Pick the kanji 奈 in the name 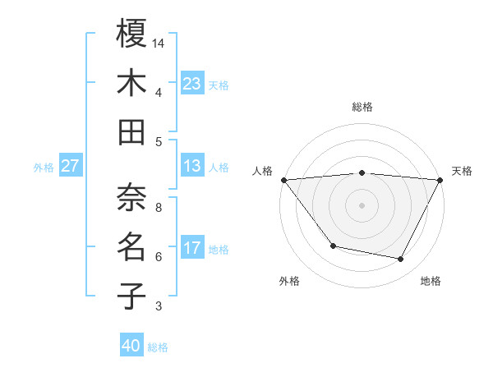pyautogui.click(x=131, y=196)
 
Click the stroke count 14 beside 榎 pyautogui.click(x=159, y=43)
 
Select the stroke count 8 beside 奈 pyautogui.click(x=159, y=208)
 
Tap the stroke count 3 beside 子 pyautogui.click(x=159, y=306)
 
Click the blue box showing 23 pyautogui.click(x=192, y=84)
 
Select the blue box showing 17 pyautogui.click(x=192, y=248)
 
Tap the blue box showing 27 pyautogui.click(x=70, y=167)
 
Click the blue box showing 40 pyautogui.click(x=131, y=347)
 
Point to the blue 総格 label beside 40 pyautogui.click(x=158, y=347)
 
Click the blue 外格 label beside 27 pyautogui.click(x=44, y=168)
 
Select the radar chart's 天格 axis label pyautogui.click(x=462, y=171)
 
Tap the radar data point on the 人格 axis pyautogui.click(x=283, y=179)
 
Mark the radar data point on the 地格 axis pyautogui.click(x=401, y=259)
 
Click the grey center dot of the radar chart pyautogui.click(x=362, y=204)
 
